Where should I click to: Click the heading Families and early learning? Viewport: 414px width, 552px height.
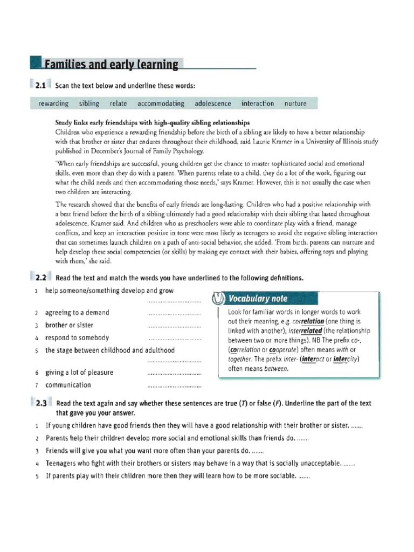[x=111, y=65]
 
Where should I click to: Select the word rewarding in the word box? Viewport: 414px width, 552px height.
[x=53, y=103]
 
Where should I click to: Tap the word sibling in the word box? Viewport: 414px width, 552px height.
[x=89, y=103]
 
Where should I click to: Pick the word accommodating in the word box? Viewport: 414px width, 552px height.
[x=161, y=103]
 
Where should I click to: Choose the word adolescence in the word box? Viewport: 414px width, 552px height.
[x=213, y=103]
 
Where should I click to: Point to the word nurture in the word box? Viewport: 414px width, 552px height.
[x=295, y=103]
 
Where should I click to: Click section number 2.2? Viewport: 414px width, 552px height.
[x=42, y=278]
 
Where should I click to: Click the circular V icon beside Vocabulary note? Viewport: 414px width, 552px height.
[x=217, y=299]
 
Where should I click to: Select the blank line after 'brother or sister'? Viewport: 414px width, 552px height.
[x=174, y=327]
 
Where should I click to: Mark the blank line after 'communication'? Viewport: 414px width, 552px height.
[x=174, y=387]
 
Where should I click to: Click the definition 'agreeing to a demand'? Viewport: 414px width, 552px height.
[x=77, y=313]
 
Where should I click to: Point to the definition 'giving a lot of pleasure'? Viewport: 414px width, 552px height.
[x=79, y=372]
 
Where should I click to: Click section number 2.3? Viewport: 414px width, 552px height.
[x=42, y=403]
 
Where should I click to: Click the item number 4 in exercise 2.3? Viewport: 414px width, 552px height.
[x=36, y=464]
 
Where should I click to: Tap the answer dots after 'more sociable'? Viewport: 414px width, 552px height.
[x=304, y=477]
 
